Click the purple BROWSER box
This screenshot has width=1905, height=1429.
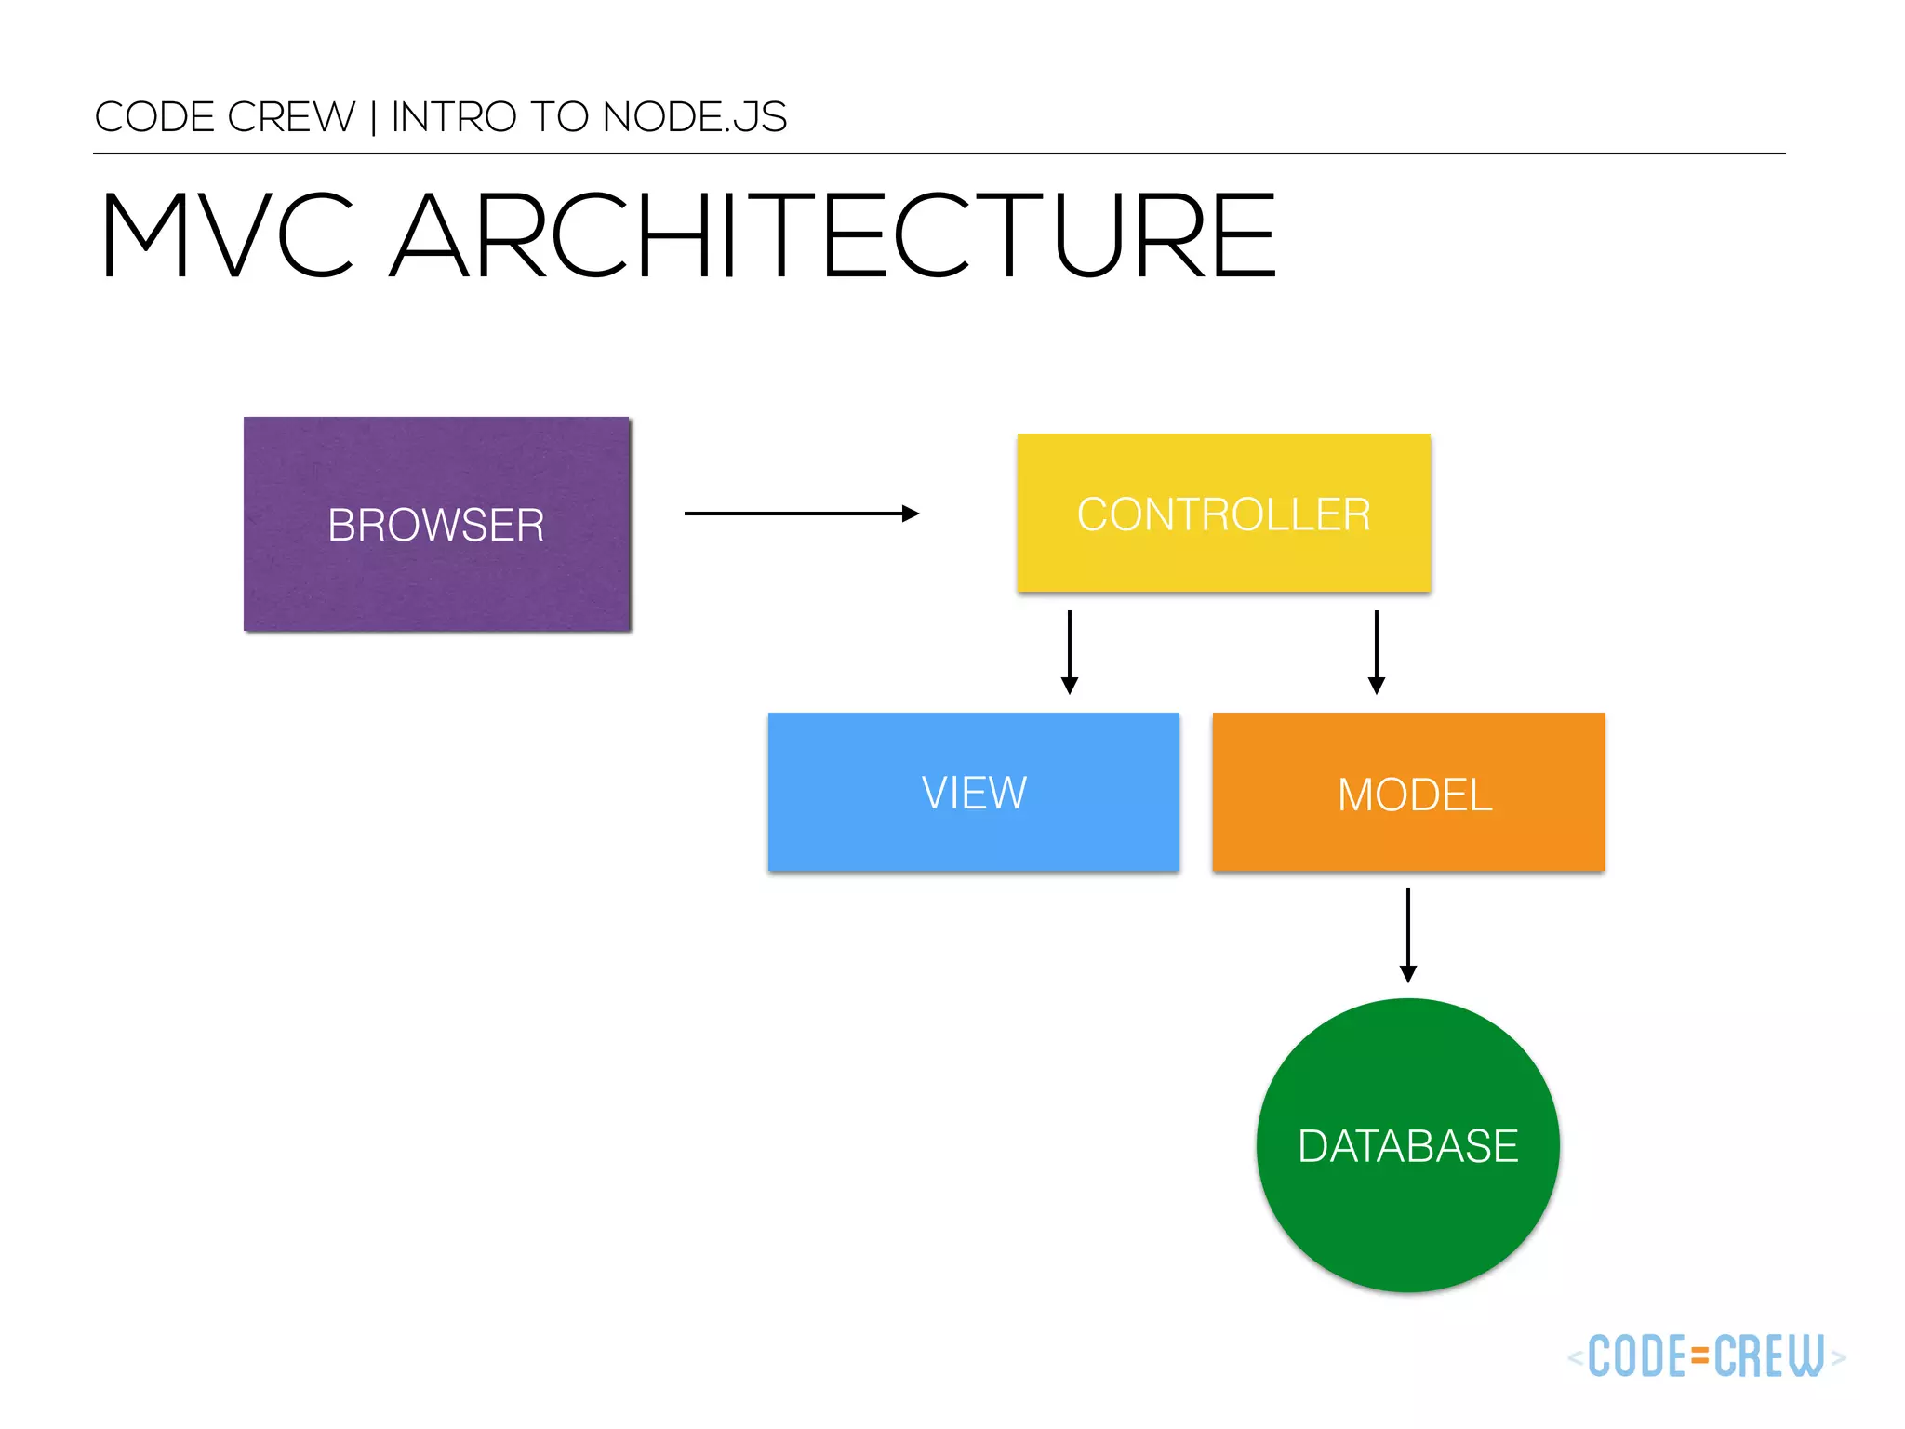437,524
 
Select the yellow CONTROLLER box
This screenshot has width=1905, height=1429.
1223,513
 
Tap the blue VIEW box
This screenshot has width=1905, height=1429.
973,792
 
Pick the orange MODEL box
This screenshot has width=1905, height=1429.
1408,792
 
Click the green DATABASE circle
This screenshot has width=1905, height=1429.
1407,1145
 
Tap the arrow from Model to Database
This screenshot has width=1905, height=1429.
1408,933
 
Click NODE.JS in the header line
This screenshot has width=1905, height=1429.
694,117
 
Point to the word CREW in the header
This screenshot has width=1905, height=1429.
291,117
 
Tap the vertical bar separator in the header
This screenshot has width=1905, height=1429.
374,118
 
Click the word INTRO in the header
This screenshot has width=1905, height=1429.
454,117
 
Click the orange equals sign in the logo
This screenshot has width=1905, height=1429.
1699,1356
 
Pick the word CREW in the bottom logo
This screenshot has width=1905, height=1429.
1768,1356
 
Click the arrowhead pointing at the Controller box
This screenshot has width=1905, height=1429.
912,513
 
